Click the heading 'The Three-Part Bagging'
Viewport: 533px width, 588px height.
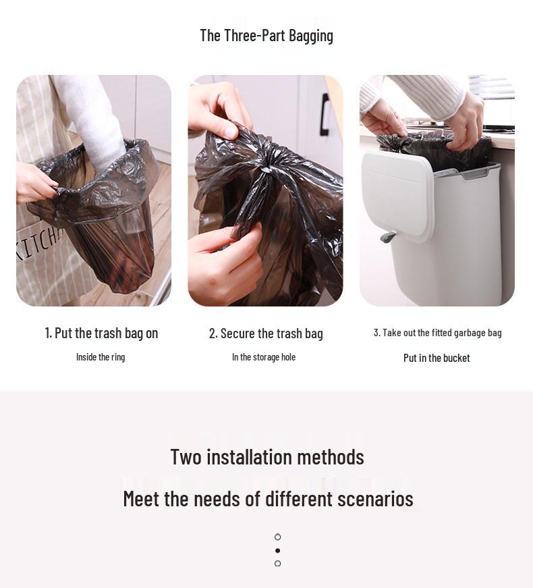[x=266, y=36]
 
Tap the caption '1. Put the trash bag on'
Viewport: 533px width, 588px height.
[x=101, y=333]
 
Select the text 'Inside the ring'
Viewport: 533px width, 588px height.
[x=101, y=357]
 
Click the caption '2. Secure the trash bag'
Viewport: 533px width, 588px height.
[x=266, y=333]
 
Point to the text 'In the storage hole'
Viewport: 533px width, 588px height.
[x=264, y=357]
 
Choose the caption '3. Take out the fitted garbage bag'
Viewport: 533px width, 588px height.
[x=437, y=333]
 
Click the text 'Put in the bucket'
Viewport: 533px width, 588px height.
[x=437, y=358]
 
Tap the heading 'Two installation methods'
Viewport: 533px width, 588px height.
[x=266, y=457]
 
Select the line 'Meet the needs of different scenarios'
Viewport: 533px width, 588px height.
[x=268, y=499]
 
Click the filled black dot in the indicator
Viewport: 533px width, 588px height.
[x=277, y=550]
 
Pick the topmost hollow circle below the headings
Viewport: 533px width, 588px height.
[x=277, y=537]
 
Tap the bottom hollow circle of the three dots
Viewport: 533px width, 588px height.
[x=277, y=563]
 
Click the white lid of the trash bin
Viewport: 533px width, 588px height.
[x=398, y=196]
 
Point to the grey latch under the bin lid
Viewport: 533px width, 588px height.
[x=388, y=236]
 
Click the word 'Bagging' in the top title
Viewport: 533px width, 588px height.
[x=310, y=36]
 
